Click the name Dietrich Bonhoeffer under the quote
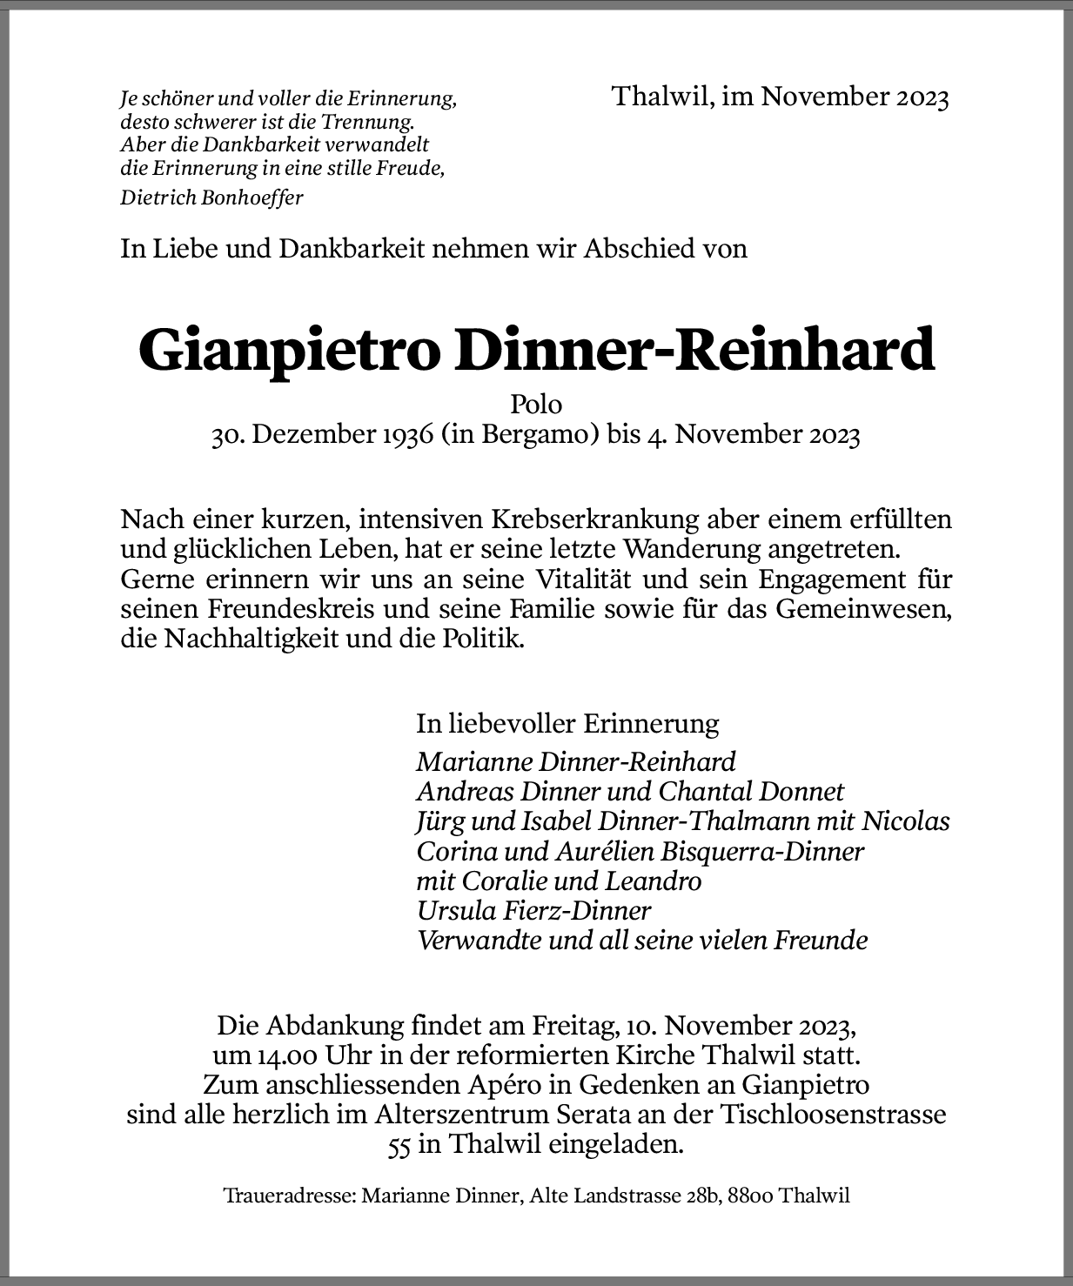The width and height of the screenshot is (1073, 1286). (211, 198)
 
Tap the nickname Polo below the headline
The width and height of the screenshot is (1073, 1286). (536, 405)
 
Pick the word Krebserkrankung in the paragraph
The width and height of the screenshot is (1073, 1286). (595, 519)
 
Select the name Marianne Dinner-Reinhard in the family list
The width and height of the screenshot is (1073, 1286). (575, 762)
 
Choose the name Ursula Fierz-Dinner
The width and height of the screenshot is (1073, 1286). (533, 911)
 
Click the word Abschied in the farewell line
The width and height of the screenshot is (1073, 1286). (635, 249)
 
